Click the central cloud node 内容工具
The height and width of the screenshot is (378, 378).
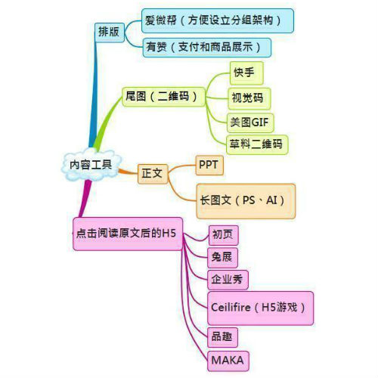tap(91, 165)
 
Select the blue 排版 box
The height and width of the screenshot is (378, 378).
tap(110, 33)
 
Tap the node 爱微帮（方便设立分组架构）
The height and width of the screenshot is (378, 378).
tap(218, 20)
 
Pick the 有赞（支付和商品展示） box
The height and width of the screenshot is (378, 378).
tap(207, 48)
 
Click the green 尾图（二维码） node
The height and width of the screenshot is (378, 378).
tap(163, 97)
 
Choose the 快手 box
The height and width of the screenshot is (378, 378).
tap(246, 73)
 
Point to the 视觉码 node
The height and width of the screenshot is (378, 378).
tap(249, 98)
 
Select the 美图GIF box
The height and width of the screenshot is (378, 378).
tap(250, 122)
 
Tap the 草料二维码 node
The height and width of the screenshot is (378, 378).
tap(257, 144)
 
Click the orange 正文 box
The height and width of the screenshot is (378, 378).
tap(153, 174)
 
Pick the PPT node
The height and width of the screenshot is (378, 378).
tap(209, 166)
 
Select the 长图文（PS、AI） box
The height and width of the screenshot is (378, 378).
tap(246, 201)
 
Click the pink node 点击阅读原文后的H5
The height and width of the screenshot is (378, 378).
tap(128, 234)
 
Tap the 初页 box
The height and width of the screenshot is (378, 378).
tap(223, 235)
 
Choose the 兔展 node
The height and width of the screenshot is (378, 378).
tap(222, 258)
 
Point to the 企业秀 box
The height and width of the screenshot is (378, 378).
tap(228, 280)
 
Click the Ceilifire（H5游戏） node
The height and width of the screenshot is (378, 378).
tap(261, 308)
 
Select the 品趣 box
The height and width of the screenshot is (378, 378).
tap(222, 337)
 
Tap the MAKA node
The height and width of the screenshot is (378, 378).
tap(228, 361)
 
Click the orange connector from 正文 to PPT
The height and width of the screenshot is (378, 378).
tap(181, 167)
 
